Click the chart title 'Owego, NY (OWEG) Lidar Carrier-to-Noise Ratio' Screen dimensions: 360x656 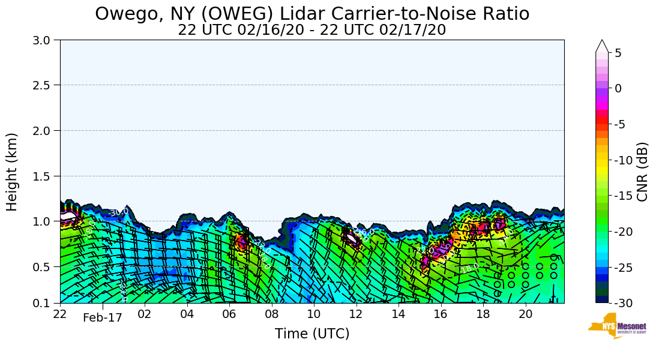click(x=312, y=13)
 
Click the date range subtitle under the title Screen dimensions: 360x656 click(x=312, y=30)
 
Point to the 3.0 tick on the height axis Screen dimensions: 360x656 click(x=45, y=40)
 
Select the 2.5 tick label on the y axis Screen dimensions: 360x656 click(x=45, y=85)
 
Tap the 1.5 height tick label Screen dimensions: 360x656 click(x=45, y=176)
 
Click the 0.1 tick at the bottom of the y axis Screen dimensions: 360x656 click(x=45, y=304)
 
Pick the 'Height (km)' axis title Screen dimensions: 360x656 click(x=13, y=172)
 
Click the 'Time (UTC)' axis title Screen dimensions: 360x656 click(x=312, y=334)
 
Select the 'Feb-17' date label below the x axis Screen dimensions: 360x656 click(x=103, y=318)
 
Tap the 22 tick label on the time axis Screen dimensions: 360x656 click(x=60, y=314)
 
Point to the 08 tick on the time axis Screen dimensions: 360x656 click(x=271, y=314)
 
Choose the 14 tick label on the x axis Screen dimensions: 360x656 click(x=398, y=314)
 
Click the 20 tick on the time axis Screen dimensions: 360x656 click(x=525, y=314)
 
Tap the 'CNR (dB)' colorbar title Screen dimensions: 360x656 click(x=642, y=172)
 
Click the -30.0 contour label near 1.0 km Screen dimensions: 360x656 click(x=118, y=212)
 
